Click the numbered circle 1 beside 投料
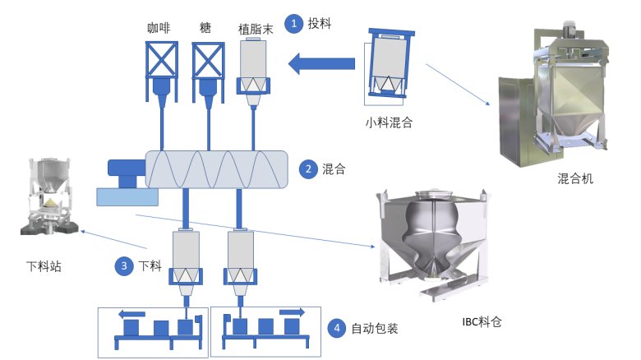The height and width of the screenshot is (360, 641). pos(294,24)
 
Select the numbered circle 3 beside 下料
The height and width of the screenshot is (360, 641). pos(123,265)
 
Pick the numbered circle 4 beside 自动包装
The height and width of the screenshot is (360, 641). pos(336,328)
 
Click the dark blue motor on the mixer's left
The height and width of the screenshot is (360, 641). pos(126,172)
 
